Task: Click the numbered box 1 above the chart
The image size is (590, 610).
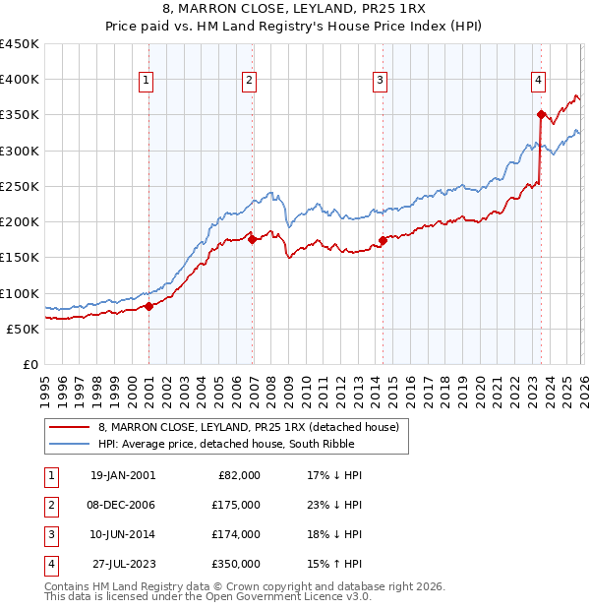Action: (146, 81)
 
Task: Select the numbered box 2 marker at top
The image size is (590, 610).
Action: (250, 81)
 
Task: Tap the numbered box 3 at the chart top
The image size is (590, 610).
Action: (380, 81)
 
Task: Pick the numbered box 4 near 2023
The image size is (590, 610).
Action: (539, 81)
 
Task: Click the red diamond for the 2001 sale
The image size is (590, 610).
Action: (148, 306)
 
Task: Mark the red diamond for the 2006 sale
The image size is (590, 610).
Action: (252, 238)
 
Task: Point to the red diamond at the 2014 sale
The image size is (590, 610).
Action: (383, 239)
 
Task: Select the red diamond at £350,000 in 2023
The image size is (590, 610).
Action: (541, 114)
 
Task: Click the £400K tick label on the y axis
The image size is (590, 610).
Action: (20, 80)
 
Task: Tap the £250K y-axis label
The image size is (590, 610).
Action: (20, 186)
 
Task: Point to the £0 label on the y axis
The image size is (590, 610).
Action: (29, 364)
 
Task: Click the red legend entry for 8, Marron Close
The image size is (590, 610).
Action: (248, 427)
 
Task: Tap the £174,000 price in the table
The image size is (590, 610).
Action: (235, 534)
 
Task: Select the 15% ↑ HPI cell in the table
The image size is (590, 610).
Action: (334, 564)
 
